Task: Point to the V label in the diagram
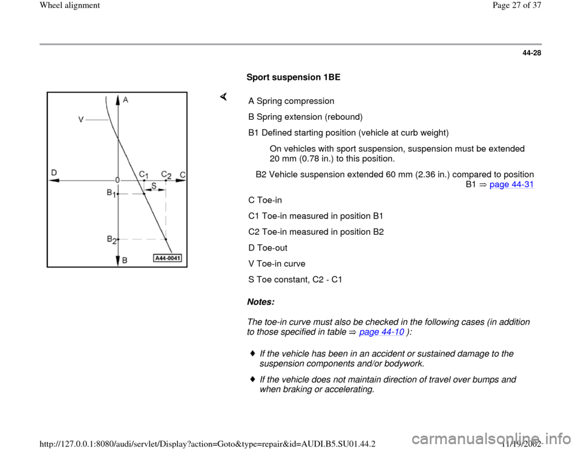tap(80, 120)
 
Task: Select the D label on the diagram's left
tap(54, 172)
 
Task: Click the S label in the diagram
tap(154, 186)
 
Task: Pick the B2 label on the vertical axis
tap(111, 240)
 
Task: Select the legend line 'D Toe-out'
tap(268, 247)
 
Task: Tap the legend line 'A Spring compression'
tap(291, 100)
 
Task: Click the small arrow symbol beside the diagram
tap(223, 96)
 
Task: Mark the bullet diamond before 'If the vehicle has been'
tap(252, 353)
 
